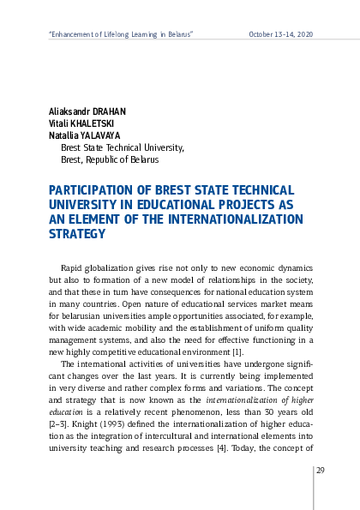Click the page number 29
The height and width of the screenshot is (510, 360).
point(320,470)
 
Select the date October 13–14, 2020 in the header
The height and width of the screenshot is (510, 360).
point(280,33)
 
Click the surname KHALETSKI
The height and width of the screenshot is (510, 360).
point(89,123)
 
